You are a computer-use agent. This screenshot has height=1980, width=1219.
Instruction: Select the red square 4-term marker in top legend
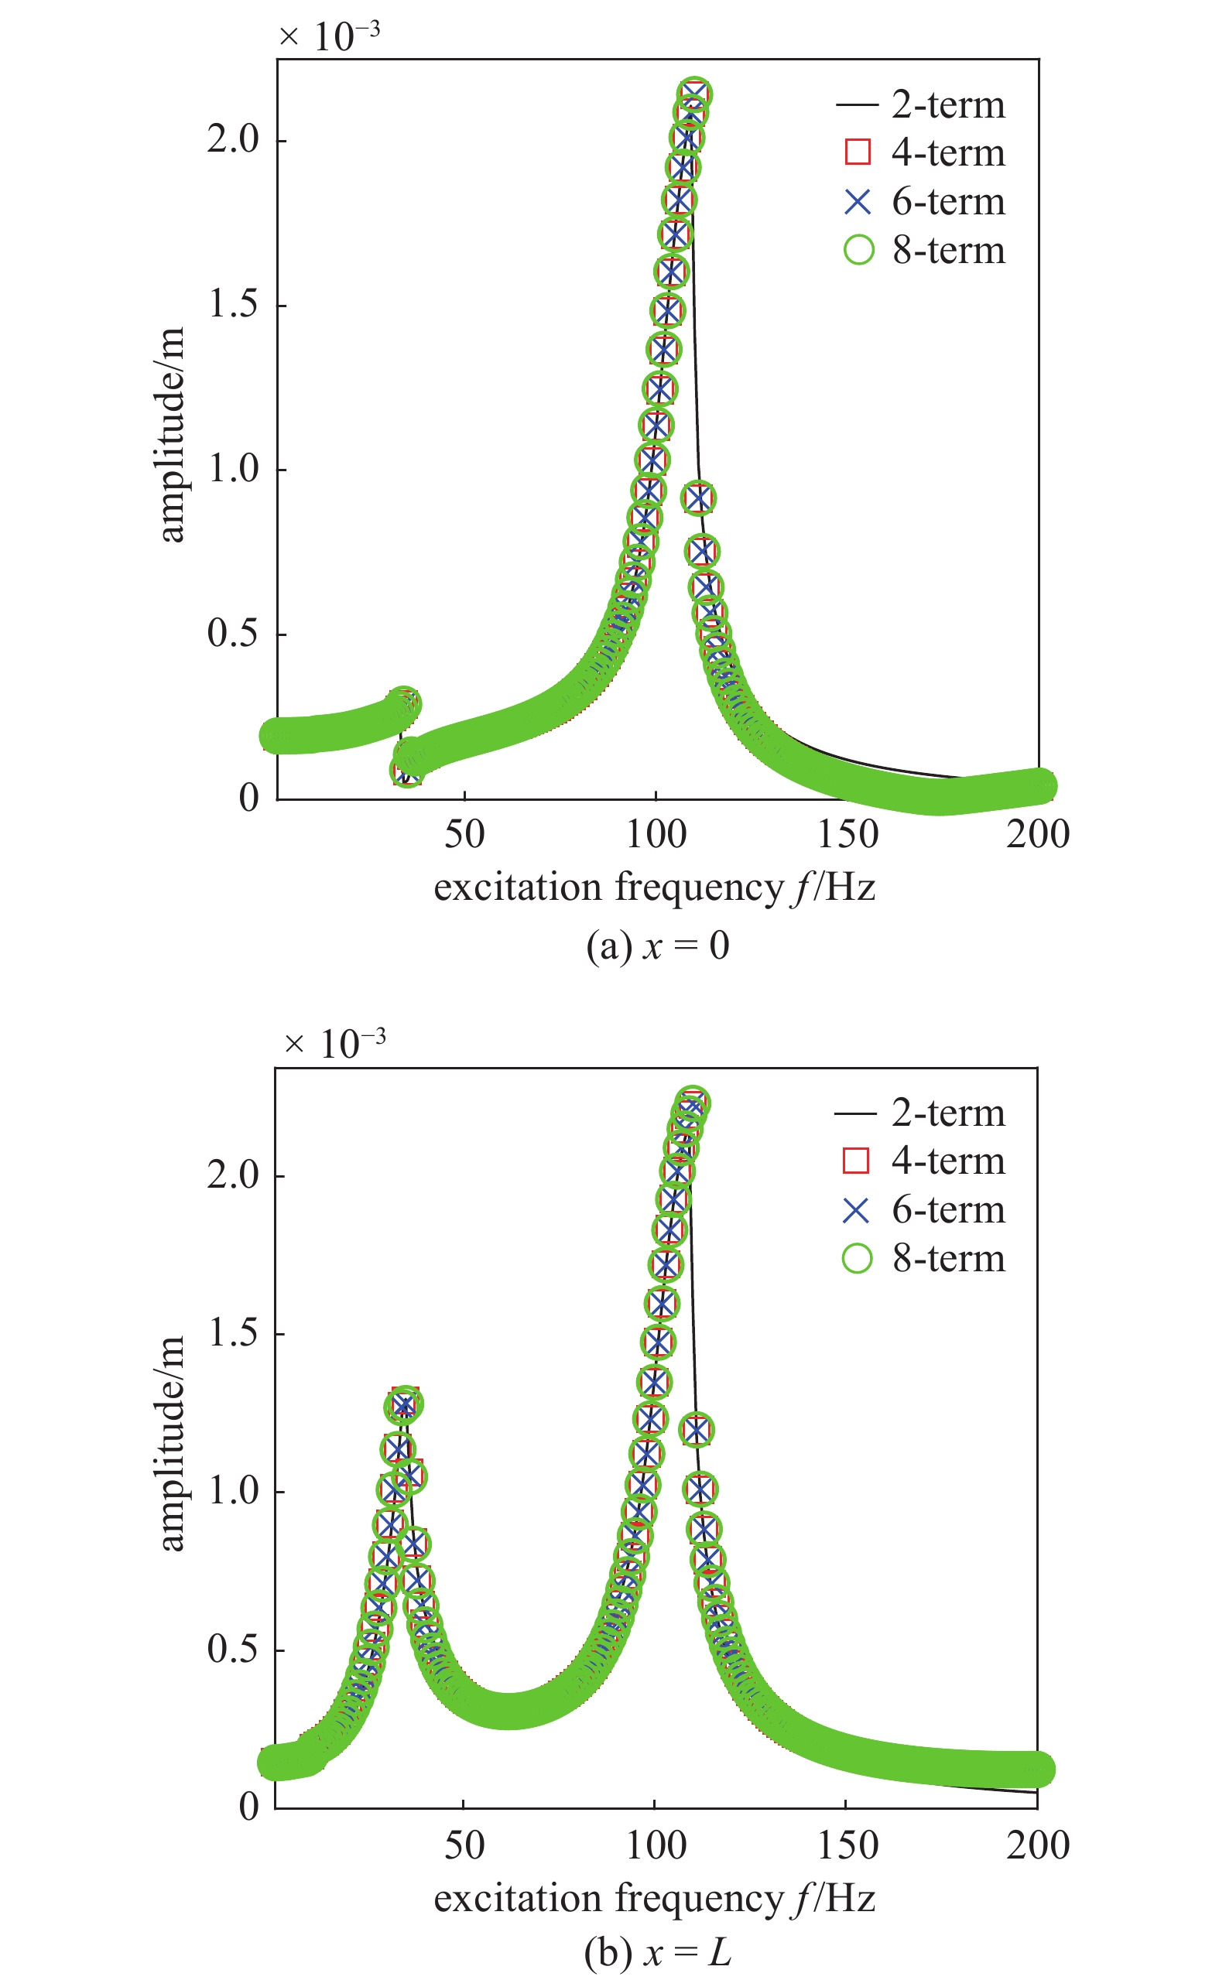(x=858, y=152)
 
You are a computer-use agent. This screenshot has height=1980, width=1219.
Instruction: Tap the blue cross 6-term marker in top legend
(x=858, y=201)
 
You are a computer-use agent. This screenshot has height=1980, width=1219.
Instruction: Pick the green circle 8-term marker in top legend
(x=858, y=250)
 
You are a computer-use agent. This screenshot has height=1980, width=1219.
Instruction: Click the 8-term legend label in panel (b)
(x=948, y=1258)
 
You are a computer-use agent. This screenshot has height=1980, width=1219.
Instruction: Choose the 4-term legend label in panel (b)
(x=948, y=1161)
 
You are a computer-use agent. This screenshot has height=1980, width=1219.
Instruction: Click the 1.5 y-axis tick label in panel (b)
(x=233, y=1333)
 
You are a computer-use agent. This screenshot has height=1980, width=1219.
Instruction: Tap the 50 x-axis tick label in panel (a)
(x=464, y=835)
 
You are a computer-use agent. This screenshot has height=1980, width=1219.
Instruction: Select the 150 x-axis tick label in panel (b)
(x=847, y=1845)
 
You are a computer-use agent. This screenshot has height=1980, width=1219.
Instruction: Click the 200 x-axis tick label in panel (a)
(x=1038, y=835)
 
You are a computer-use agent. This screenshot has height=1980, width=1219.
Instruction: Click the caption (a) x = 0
(x=657, y=946)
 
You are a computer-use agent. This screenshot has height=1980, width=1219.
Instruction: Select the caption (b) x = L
(x=657, y=1953)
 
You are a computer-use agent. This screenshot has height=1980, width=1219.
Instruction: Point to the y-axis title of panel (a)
(x=172, y=435)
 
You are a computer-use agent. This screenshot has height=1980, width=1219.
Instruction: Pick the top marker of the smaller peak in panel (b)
(x=406, y=1404)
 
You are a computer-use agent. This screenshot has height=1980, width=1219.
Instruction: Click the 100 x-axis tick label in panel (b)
(x=656, y=1845)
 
